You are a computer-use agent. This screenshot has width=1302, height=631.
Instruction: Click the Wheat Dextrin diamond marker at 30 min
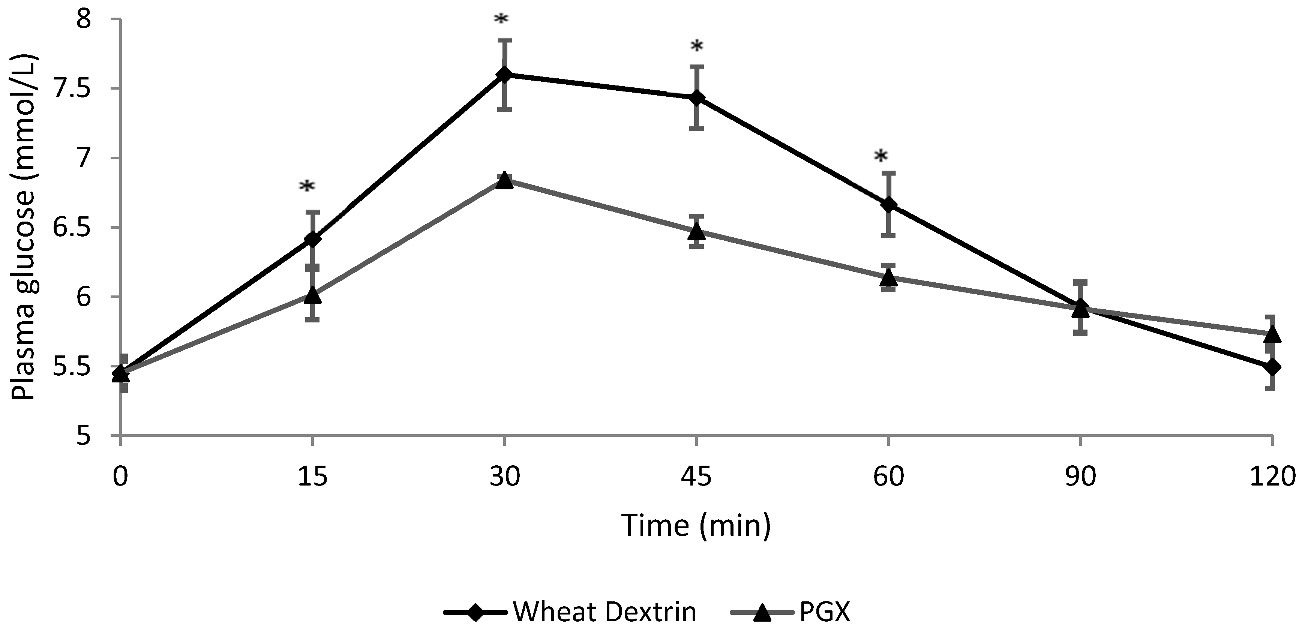point(504,74)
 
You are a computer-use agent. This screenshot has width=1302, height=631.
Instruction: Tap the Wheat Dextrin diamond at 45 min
point(696,98)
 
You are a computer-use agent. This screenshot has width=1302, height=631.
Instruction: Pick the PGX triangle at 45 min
point(696,232)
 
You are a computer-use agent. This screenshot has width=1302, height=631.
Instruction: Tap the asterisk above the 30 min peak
point(501,20)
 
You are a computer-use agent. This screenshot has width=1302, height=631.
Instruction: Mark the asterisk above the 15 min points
point(307,187)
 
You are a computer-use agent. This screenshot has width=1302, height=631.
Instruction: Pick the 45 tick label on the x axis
point(696,476)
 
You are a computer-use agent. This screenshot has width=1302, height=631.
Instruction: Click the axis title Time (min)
point(696,525)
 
